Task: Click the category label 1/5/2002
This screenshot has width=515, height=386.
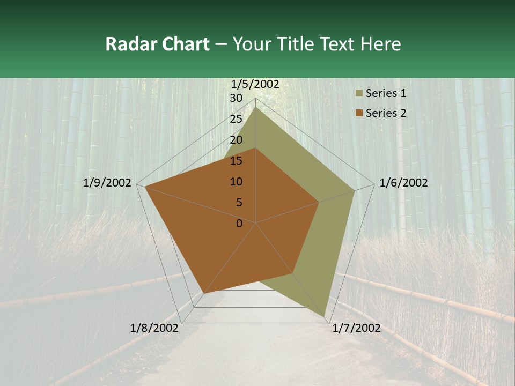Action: pos(255,84)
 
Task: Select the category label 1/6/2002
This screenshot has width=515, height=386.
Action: pos(403,183)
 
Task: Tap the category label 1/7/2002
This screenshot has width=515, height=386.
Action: pos(356,328)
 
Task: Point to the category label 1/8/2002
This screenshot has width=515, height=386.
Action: pos(154,328)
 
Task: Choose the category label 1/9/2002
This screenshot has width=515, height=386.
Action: pos(107,183)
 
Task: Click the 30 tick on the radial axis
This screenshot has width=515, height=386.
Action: pos(236,98)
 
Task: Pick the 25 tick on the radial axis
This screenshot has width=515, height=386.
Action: pos(236,119)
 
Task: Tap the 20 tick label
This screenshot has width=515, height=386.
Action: pos(236,140)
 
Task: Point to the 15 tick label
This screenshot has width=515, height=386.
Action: pos(236,161)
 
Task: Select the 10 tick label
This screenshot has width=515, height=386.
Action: pos(236,182)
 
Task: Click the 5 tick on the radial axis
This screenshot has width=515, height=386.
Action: pos(239,203)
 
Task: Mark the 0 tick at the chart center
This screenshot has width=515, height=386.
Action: pos(239,224)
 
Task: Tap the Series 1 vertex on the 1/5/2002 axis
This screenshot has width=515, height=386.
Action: pos(256,107)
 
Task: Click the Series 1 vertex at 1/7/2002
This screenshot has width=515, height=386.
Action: pos(324,316)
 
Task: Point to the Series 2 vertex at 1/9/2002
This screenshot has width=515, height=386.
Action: pos(145,187)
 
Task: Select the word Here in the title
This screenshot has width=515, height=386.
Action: pos(381,44)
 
